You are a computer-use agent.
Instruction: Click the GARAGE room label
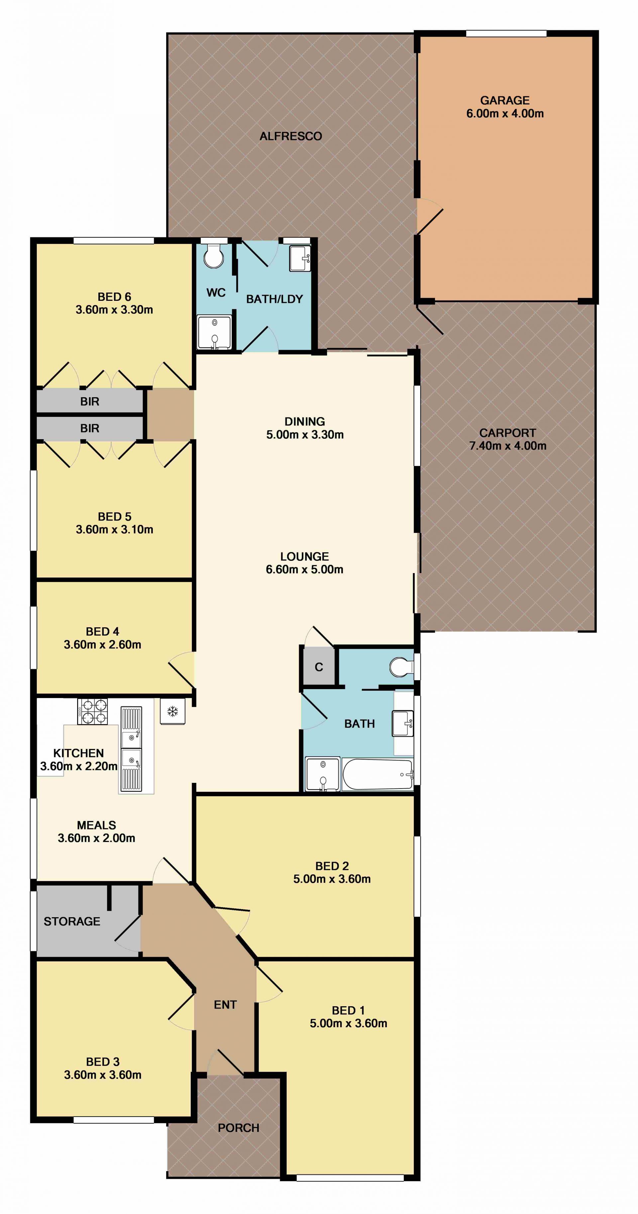505,100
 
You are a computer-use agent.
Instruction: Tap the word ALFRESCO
291,136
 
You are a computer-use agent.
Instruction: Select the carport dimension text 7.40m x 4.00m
507,446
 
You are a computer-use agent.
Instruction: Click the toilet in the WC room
214,255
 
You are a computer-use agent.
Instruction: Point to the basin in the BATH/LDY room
300,258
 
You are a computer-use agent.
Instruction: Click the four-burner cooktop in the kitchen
92,711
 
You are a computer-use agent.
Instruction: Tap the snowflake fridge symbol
172,711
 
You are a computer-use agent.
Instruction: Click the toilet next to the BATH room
401,667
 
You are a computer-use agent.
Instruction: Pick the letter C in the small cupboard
319,667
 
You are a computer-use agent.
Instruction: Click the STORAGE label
72,921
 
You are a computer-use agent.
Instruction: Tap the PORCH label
239,1128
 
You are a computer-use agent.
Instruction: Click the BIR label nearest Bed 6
89,402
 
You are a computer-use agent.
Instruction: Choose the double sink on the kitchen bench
131,748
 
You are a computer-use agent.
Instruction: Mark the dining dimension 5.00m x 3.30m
305,434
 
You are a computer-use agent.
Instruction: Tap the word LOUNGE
304,556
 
